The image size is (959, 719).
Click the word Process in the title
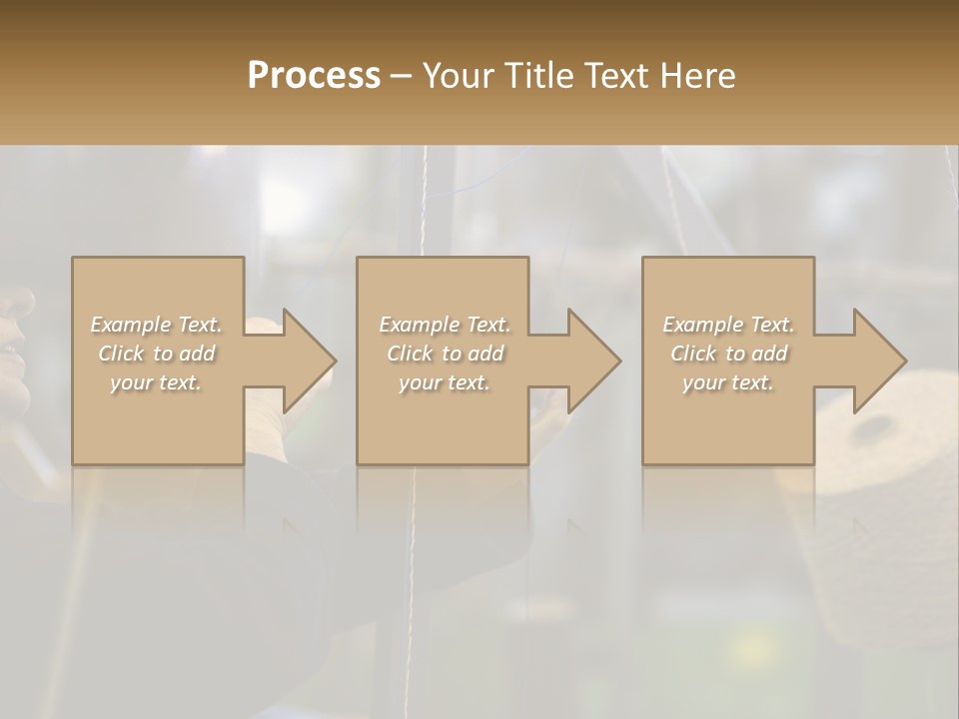tap(314, 75)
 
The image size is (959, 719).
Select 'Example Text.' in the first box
tap(156, 325)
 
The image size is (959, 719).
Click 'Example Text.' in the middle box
tap(444, 325)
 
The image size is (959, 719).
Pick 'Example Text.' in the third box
tap(728, 325)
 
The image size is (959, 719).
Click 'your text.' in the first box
tap(156, 382)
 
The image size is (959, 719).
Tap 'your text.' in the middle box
tap(444, 382)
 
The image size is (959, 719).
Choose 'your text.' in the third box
tap(728, 382)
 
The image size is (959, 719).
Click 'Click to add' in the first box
tap(156, 354)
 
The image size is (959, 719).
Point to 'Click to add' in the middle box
tap(444, 354)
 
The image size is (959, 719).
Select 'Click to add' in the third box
tap(728, 354)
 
